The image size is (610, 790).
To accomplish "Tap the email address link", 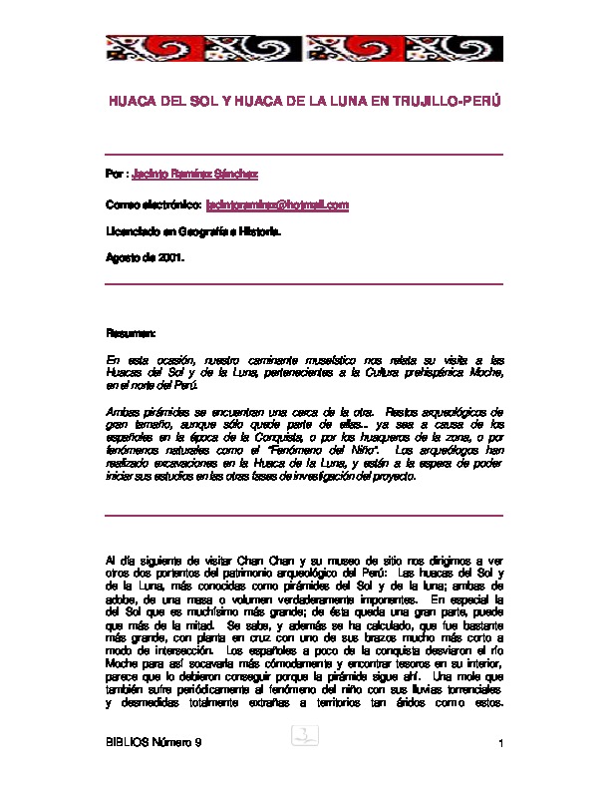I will point(277,204).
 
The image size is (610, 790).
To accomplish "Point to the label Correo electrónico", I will point(153,204).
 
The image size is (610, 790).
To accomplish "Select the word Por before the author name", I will point(115,175).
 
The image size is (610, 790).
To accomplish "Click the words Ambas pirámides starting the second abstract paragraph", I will point(146,411).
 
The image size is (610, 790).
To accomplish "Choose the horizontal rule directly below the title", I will point(304,154).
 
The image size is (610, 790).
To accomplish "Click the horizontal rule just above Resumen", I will point(304,284).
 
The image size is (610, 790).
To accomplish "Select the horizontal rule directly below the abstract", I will point(304,515).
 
